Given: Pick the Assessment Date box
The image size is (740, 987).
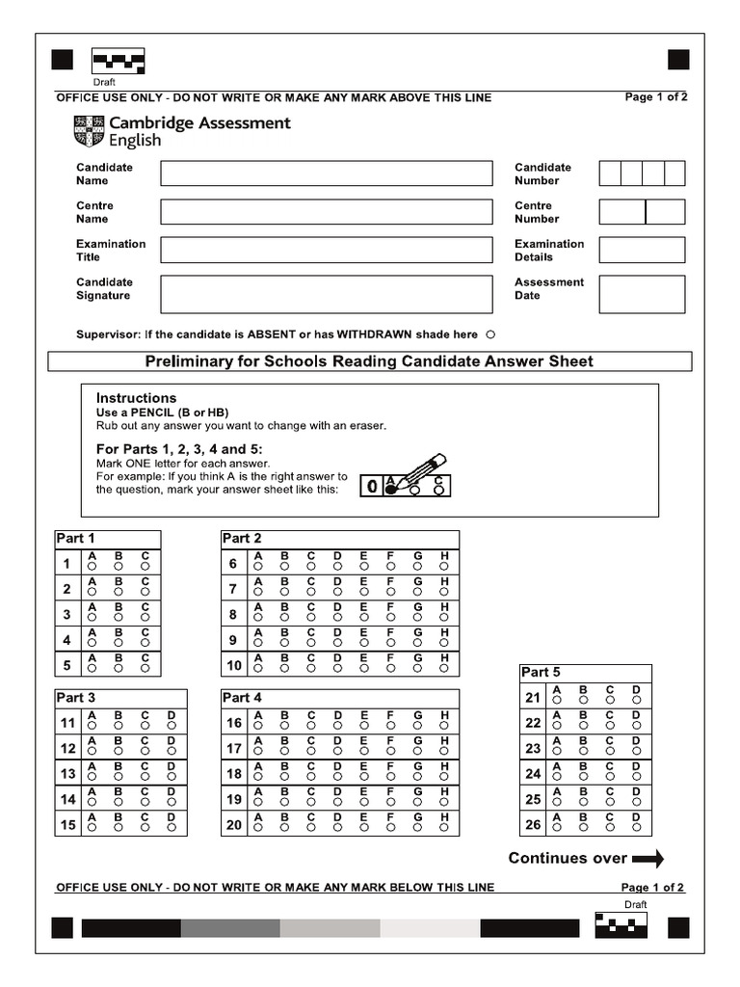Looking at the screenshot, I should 642,294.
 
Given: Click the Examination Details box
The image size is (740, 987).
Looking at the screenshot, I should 642,251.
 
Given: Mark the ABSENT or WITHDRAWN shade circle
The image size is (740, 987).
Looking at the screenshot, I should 490,335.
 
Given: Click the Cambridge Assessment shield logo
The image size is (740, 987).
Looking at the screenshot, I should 88,132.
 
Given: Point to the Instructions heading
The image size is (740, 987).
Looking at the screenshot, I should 136,398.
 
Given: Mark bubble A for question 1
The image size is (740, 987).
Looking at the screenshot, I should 92,568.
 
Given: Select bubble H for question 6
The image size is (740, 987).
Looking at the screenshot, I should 444,568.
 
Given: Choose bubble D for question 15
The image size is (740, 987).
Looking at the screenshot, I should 171,828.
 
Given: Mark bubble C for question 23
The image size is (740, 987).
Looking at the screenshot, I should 610,752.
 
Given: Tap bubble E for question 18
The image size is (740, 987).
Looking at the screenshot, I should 364,778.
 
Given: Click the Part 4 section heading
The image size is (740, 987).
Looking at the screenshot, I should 242,698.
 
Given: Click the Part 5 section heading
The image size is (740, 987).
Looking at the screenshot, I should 541,673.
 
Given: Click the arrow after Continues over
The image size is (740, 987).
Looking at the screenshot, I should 648,859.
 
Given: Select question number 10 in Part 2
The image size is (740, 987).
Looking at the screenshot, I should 234,666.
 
